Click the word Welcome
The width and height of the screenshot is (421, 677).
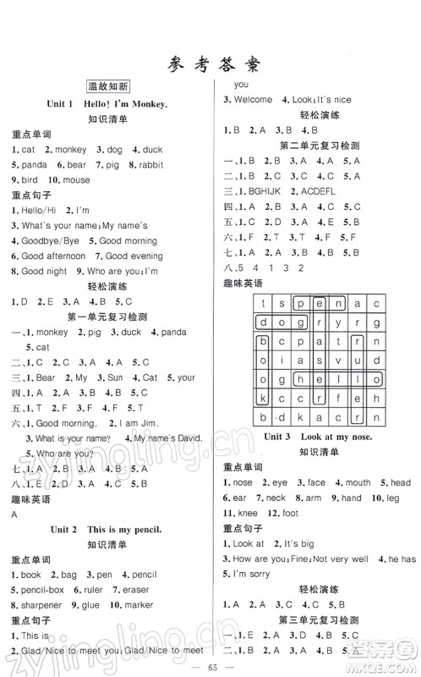(x=252, y=100)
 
